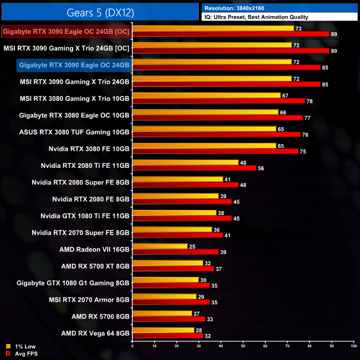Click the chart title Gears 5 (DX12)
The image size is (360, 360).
(x=100, y=11)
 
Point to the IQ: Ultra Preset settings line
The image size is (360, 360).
(x=255, y=17)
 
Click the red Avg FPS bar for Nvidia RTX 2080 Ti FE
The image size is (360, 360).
(x=194, y=168)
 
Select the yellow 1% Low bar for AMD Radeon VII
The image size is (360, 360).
(x=160, y=246)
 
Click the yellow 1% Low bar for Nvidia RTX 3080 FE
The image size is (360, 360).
(x=204, y=146)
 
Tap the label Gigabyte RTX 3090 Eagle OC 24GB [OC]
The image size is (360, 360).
(x=66, y=32)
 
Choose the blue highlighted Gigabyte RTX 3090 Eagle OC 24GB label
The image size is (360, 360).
(x=74, y=65)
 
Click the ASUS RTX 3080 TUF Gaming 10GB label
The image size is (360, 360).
(x=74, y=132)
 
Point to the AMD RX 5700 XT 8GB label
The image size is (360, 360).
(x=95, y=266)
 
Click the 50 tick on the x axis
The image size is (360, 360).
(x=243, y=347)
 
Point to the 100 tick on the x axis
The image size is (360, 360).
(x=353, y=347)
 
